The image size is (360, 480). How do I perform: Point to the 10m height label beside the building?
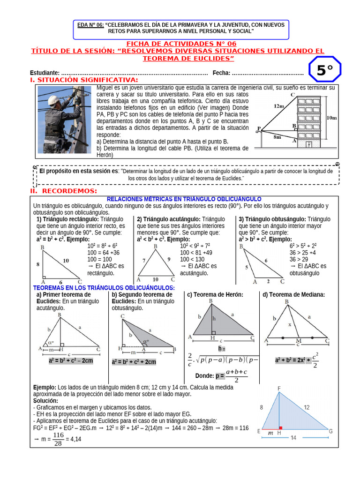tap(331, 118)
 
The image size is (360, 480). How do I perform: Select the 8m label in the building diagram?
tap(277, 137)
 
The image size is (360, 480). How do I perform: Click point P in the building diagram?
tap(259, 128)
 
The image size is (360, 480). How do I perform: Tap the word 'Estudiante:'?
tap(45, 73)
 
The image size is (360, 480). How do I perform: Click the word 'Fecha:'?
tap(221, 73)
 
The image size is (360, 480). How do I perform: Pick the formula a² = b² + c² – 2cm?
tap(71, 360)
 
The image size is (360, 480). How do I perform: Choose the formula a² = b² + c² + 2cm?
tap(134, 362)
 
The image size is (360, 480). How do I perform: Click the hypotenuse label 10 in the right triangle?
tap(66, 260)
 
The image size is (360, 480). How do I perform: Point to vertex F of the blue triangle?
tap(279, 389)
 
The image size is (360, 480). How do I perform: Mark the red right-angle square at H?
tap(281, 428)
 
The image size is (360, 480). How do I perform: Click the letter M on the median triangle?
tap(299, 341)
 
